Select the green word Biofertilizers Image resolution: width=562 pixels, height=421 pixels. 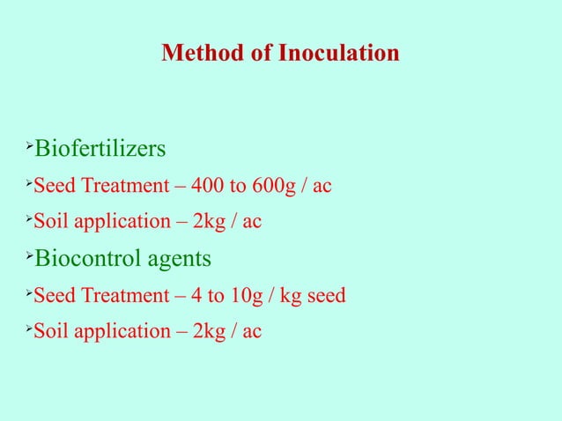click(99, 147)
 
